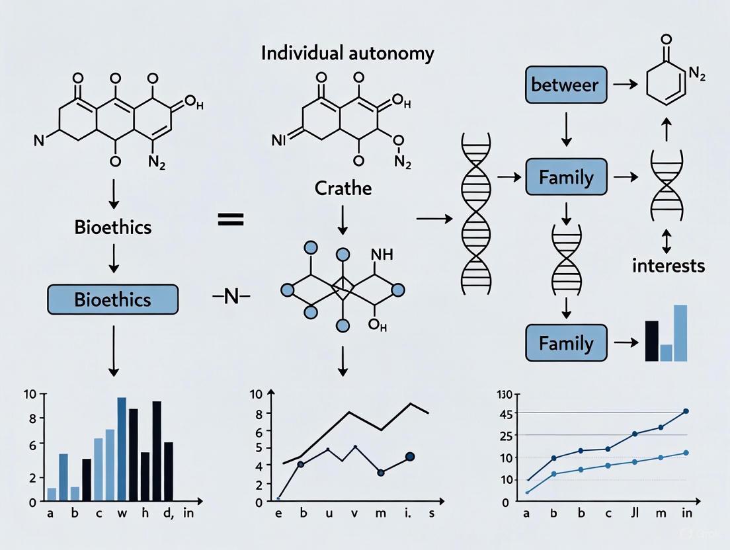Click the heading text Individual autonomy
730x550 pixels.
(x=348, y=53)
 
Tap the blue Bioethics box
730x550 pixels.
(x=112, y=299)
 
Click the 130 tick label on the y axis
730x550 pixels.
(x=505, y=395)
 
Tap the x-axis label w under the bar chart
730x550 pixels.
(x=122, y=514)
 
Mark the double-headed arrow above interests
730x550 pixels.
(x=667, y=243)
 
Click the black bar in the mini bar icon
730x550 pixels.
(x=651, y=340)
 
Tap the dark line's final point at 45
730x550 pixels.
(x=686, y=411)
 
